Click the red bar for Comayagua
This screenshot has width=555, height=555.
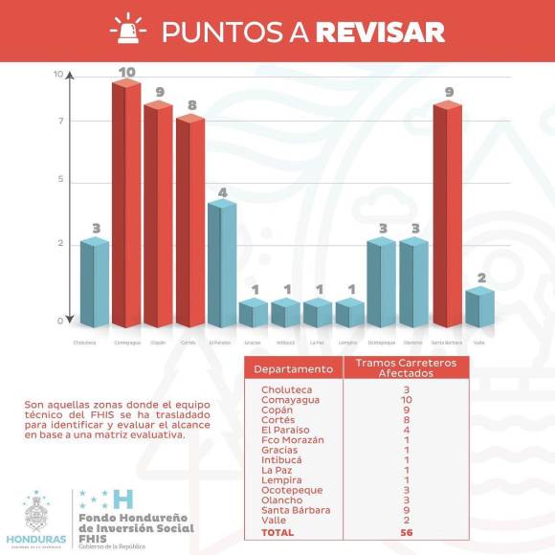(125, 206)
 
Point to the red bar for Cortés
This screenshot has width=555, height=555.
(189, 222)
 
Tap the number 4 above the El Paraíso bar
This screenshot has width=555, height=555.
(223, 191)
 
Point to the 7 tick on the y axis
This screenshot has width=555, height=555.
(59, 122)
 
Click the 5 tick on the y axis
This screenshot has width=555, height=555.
(59, 180)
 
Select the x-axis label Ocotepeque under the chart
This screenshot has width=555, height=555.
(381, 342)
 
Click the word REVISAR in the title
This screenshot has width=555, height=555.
(380, 32)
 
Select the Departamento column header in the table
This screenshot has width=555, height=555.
(296, 368)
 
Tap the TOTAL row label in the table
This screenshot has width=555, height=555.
(277, 532)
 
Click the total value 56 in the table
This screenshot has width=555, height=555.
(405, 532)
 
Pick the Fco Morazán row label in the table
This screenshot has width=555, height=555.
(293, 439)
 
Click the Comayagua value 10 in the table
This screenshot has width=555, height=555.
(405, 400)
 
